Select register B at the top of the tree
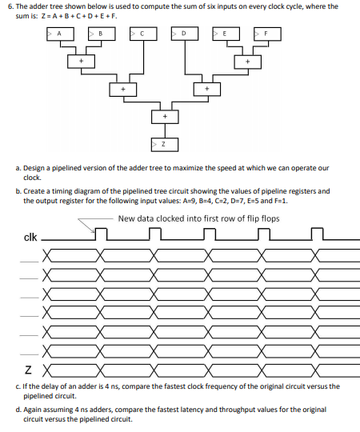tap(101, 34)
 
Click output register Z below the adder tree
tap(164, 145)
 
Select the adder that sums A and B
tap(80, 61)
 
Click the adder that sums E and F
tap(247, 61)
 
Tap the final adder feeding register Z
tap(164, 117)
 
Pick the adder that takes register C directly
tap(122, 89)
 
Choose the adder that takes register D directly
tap(206, 89)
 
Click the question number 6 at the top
tap(8, 6)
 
